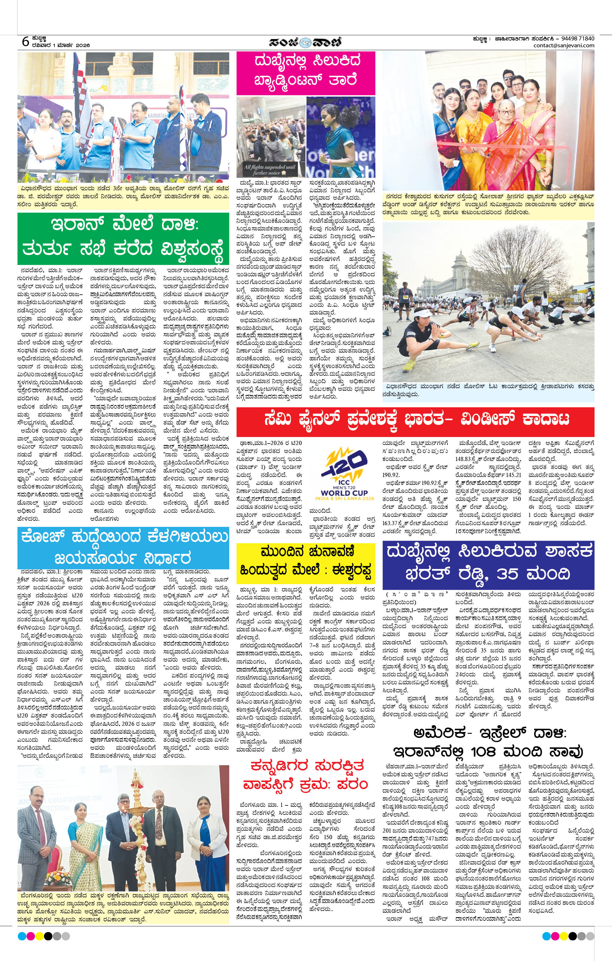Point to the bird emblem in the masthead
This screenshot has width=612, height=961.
click(306, 42)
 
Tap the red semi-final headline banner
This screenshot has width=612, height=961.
click(415, 420)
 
